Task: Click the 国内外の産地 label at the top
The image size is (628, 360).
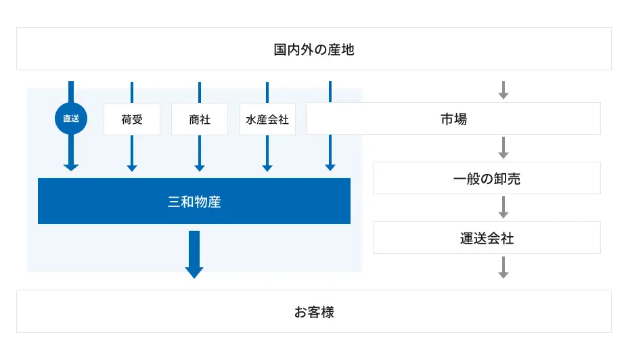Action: [314, 49]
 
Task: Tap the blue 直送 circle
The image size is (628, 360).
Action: [71, 118]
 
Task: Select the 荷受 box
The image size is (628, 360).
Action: [132, 119]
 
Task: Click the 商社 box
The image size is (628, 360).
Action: [200, 119]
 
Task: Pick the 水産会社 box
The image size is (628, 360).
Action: [267, 119]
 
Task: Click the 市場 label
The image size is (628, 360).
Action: [454, 119]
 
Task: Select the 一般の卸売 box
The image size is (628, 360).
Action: [487, 178]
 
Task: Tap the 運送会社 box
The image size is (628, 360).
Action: [487, 238]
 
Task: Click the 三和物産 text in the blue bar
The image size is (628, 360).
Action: [194, 202]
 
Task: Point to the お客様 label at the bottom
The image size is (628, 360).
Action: [314, 312]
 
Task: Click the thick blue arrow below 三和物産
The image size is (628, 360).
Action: [194, 254]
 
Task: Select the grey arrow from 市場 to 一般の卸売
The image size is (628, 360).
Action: [503, 148]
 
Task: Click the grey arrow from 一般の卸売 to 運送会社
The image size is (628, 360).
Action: [503, 208]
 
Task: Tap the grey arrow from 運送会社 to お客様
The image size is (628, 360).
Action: [503, 267]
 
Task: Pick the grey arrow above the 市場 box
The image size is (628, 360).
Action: [503, 90]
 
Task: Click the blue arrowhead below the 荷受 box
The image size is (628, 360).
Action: [132, 168]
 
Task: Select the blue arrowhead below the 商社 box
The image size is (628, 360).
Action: [200, 168]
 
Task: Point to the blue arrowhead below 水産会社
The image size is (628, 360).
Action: [267, 168]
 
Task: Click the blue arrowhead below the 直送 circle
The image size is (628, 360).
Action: [71, 167]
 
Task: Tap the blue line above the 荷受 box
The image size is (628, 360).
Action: [132, 93]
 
